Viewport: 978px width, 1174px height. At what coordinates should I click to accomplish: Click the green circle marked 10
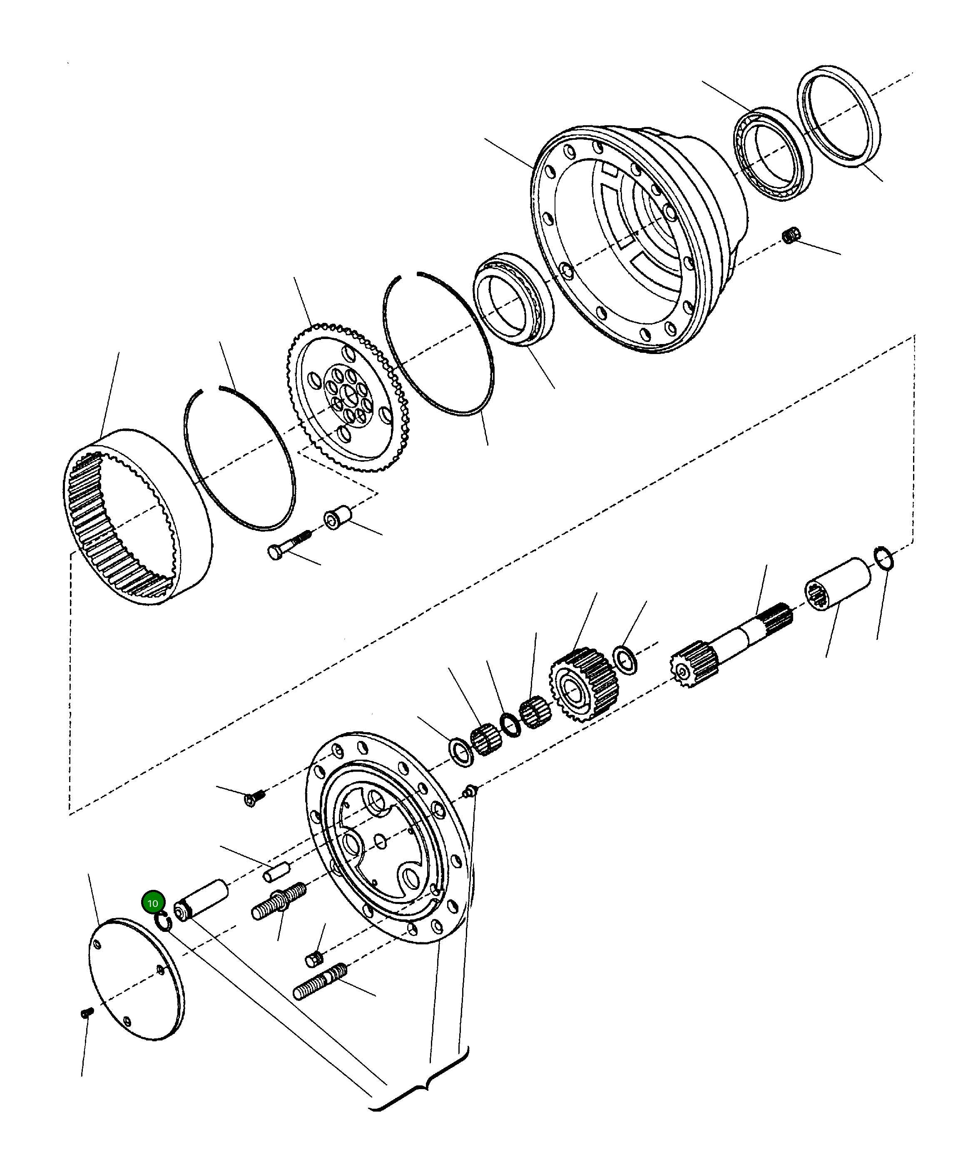point(152,903)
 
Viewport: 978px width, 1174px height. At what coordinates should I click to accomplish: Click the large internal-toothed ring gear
point(137,517)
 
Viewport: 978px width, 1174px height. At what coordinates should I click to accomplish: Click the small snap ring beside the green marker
point(163,921)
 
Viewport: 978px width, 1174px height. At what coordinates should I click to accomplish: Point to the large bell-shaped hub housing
point(638,235)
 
